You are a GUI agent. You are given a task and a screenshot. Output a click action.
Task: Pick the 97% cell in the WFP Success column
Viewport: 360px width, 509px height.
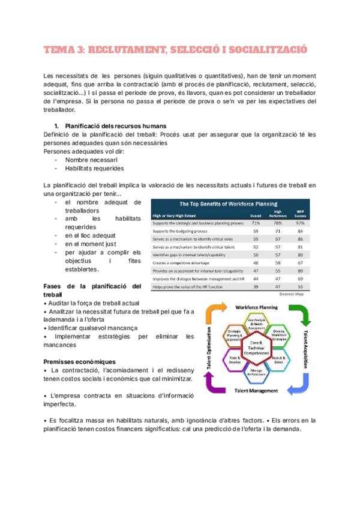coord(299,223)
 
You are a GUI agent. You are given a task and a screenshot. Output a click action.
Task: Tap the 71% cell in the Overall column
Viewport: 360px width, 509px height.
coord(255,223)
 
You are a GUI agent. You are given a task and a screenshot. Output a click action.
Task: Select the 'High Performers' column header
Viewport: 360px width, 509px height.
coord(277,214)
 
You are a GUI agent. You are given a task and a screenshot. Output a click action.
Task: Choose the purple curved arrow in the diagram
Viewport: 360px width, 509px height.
coord(216,384)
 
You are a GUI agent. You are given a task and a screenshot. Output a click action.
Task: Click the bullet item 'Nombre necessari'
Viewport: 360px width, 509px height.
coord(91,160)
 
